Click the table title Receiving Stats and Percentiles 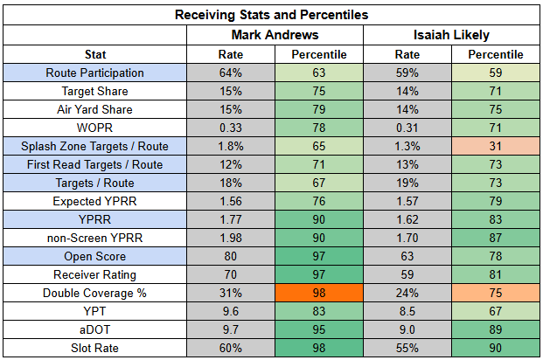pyautogui.click(x=271, y=15)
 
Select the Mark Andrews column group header pyautogui.click(x=275, y=35)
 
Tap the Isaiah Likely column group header pyautogui.click(x=451, y=35)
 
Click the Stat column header pyautogui.click(x=95, y=54)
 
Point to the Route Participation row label pyautogui.click(x=95, y=73)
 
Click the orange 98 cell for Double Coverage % pyautogui.click(x=319, y=293)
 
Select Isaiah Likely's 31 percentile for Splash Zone pyautogui.click(x=496, y=146)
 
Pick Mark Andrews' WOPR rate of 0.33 pyautogui.click(x=231, y=128)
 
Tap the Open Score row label pyautogui.click(x=95, y=256)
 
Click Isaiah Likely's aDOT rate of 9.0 pyautogui.click(x=407, y=329)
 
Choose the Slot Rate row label pyautogui.click(x=95, y=348)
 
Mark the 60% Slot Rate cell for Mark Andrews pyautogui.click(x=231, y=348)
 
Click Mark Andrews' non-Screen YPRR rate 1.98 pyautogui.click(x=231, y=238)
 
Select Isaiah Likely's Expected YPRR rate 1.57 pyautogui.click(x=407, y=201)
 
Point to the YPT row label pyautogui.click(x=95, y=311)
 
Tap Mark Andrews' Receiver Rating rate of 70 pyautogui.click(x=231, y=274)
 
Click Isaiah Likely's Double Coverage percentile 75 pyautogui.click(x=496, y=293)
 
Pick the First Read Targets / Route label pyautogui.click(x=95, y=164)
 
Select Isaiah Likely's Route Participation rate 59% pyautogui.click(x=407, y=73)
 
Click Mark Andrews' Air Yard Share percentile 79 pyautogui.click(x=319, y=109)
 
